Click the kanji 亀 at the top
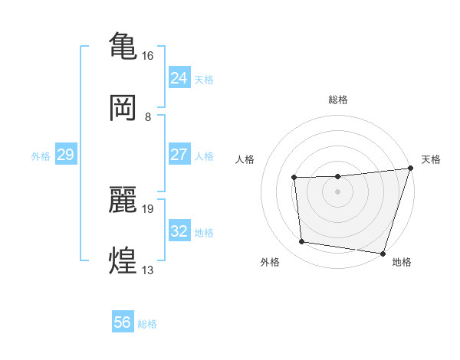(123, 44)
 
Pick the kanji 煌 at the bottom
(123, 260)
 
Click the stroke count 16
(148, 56)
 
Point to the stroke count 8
(148, 117)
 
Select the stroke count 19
(148, 208)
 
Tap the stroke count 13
(148, 270)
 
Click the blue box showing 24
(179, 78)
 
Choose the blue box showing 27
(179, 155)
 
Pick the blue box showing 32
(179, 231)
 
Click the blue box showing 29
(65, 155)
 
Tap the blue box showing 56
(123, 322)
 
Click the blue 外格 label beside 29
(41, 156)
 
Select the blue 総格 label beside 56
(147, 324)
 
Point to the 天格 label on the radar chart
(431, 159)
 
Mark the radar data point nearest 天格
(410, 169)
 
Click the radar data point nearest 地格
(383, 253)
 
